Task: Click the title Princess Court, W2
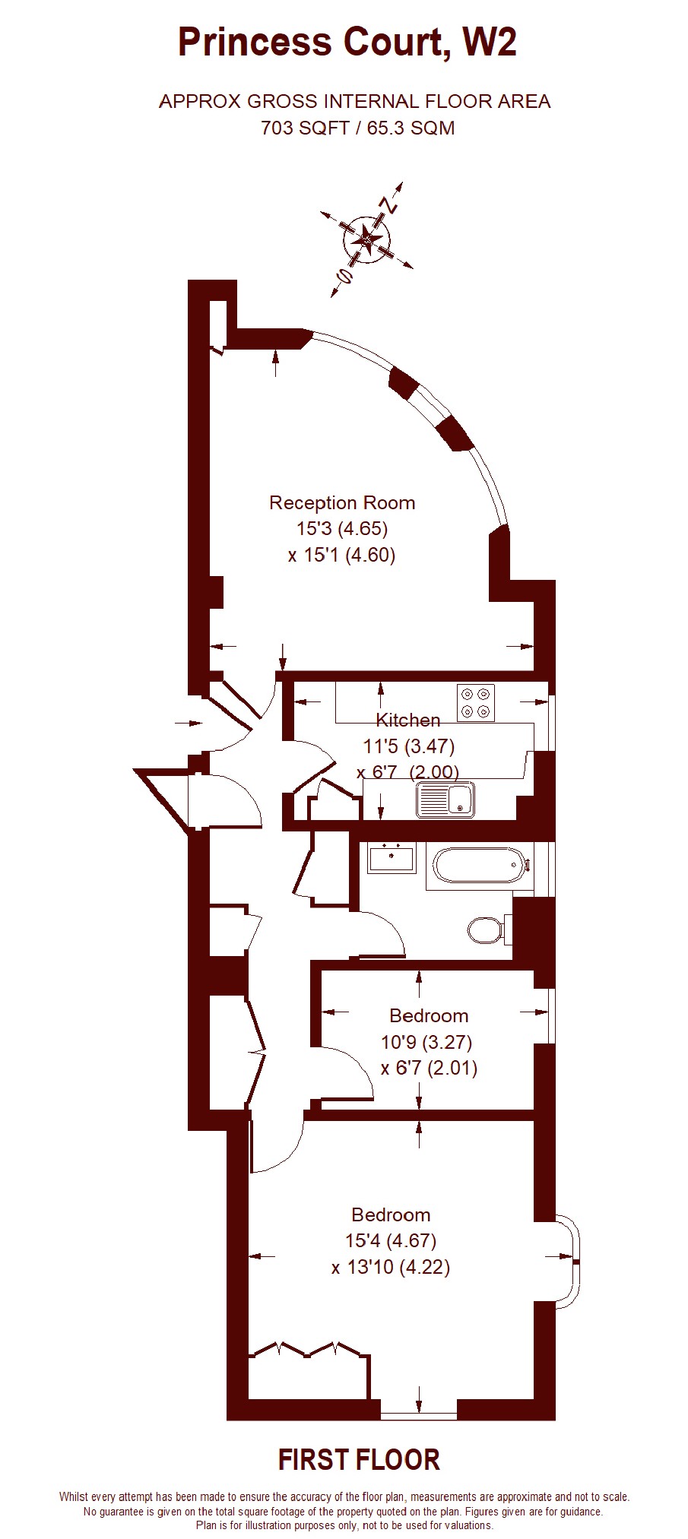[347, 43]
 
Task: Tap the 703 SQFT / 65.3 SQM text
[358, 128]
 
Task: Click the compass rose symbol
[368, 241]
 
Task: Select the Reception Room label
[342, 502]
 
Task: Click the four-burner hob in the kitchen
[476, 703]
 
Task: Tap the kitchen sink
[445, 800]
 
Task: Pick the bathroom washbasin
[392, 858]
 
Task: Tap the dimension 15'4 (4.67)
[391, 1241]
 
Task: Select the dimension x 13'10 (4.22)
[391, 1268]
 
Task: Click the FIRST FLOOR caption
[359, 1460]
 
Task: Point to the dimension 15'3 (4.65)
[342, 528]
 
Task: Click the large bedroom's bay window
[569, 1262]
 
